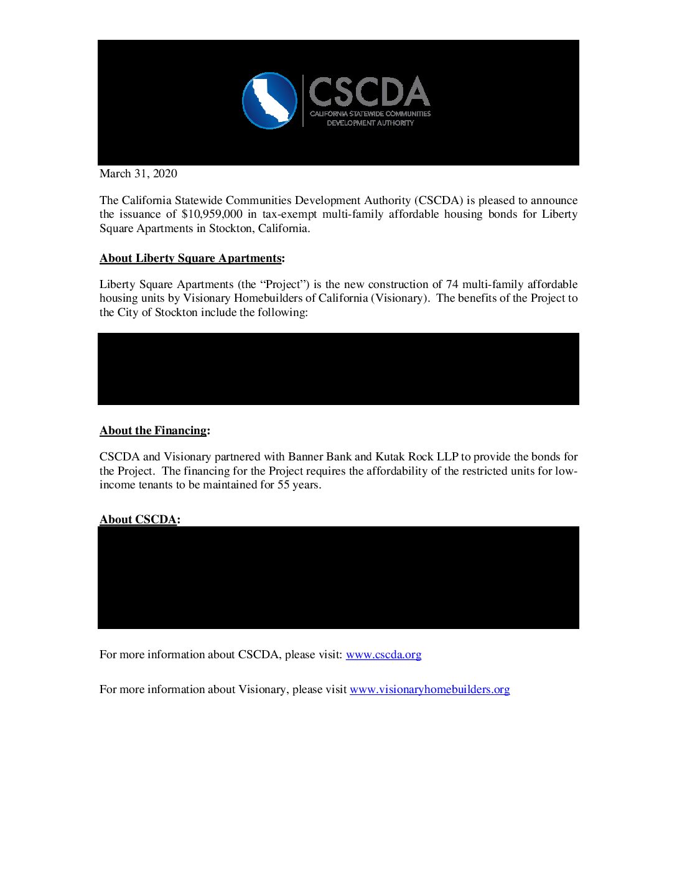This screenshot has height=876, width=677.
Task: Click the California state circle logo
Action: click(x=269, y=101)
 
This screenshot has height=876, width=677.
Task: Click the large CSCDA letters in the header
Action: click(x=369, y=92)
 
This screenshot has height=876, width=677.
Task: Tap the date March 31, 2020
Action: click(x=138, y=174)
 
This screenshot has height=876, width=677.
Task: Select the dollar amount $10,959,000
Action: click(x=212, y=214)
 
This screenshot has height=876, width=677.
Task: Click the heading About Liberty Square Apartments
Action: click(x=190, y=258)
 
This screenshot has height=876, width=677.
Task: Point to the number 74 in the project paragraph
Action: click(x=452, y=284)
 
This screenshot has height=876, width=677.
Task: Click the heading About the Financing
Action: click(x=153, y=431)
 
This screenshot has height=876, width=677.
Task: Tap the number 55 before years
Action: click(x=283, y=485)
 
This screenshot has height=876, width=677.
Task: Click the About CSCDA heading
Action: click(x=138, y=520)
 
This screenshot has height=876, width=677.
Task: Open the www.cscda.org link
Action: click(x=383, y=655)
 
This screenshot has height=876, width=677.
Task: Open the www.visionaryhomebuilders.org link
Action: click(x=429, y=689)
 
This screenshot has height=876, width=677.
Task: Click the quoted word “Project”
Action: click(x=282, y=284)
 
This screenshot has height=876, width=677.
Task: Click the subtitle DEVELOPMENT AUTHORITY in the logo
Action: click(x=370, y=123)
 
